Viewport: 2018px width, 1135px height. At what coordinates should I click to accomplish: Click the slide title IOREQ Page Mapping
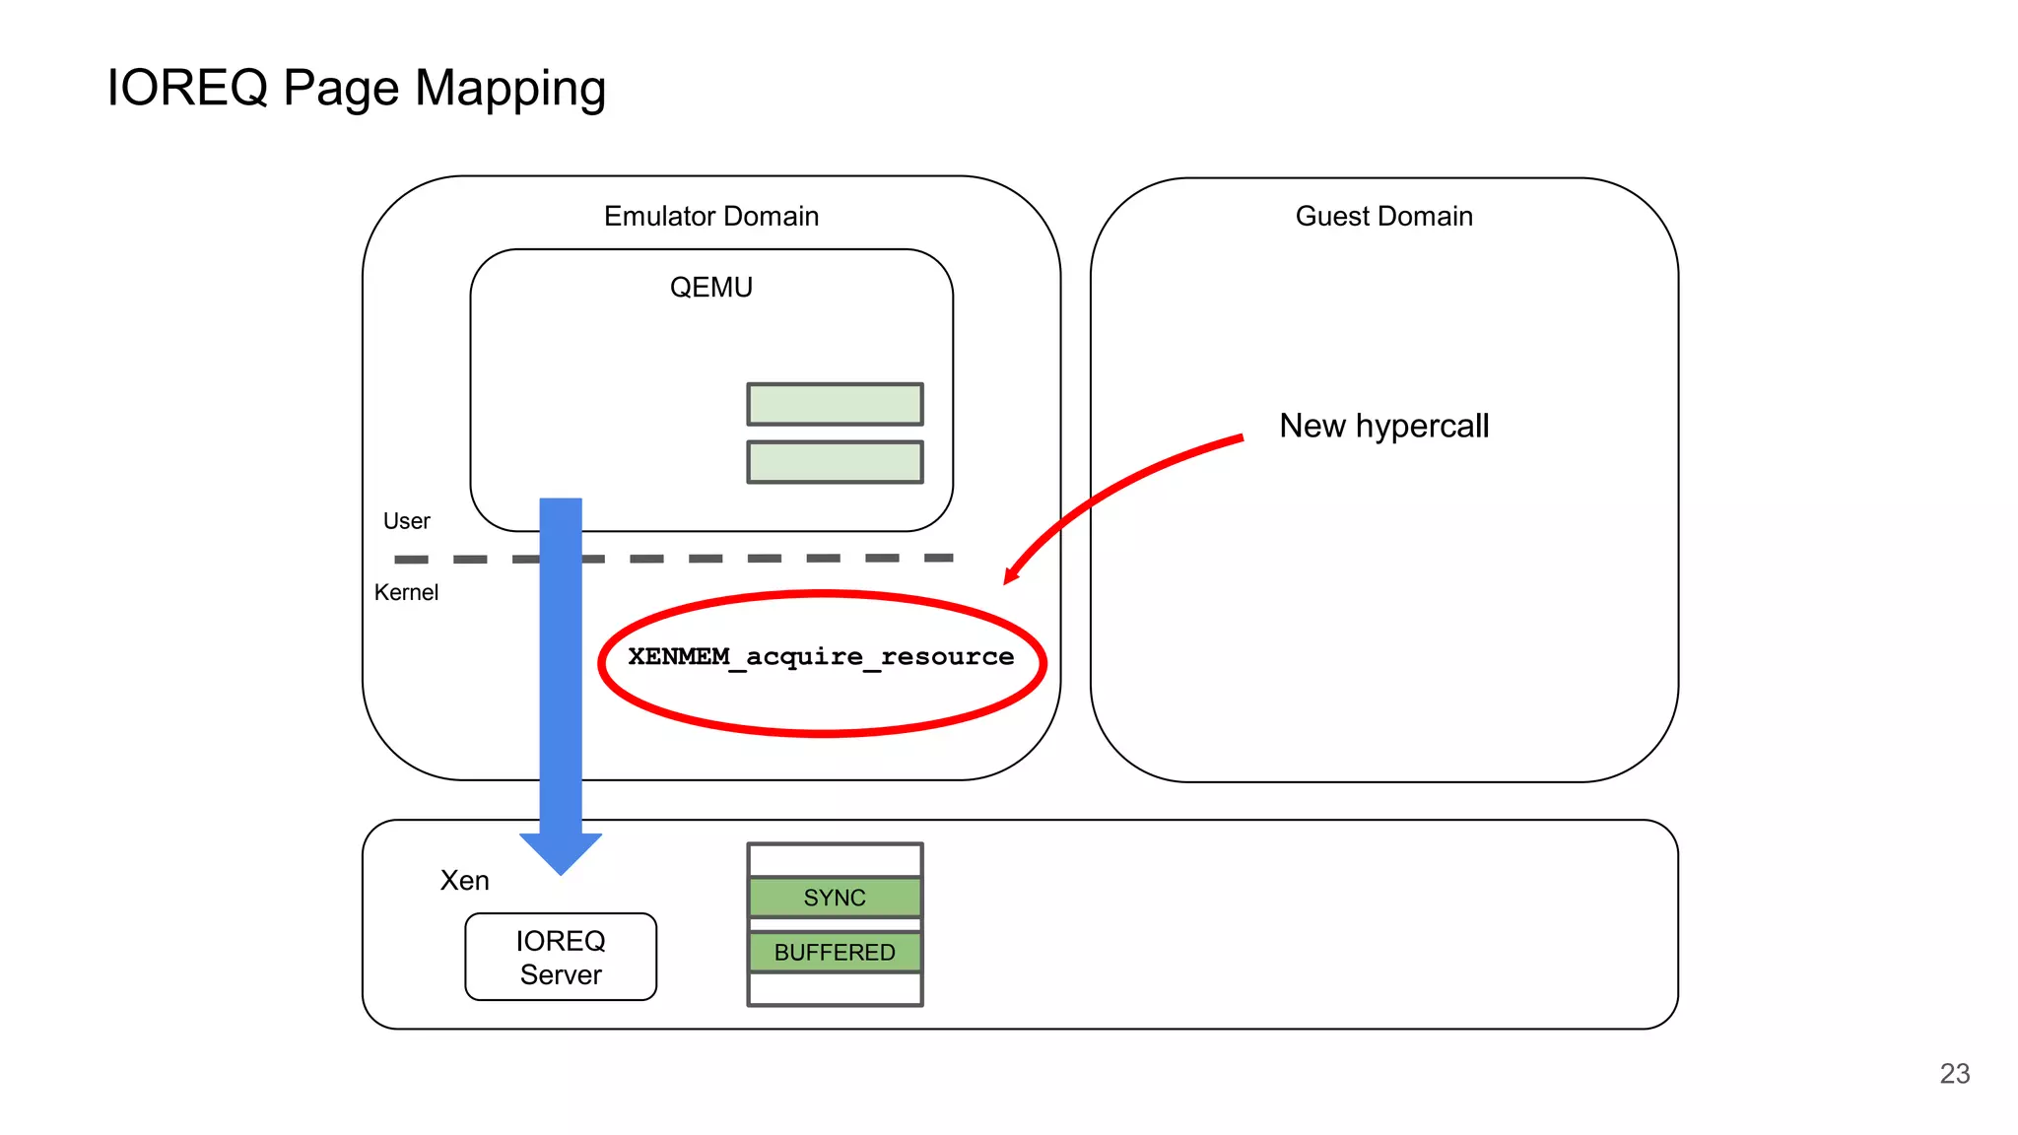point(356,89)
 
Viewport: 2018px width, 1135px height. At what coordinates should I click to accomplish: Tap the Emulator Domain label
point(710,216)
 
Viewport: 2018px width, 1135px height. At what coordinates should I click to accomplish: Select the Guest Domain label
point(1382,216)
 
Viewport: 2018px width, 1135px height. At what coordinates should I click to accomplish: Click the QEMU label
point(710,287)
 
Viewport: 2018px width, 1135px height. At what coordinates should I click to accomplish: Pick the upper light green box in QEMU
point(835,404)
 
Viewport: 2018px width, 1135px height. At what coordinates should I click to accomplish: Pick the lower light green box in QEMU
point(835,462)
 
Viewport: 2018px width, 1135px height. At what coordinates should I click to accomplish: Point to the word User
point(406,521)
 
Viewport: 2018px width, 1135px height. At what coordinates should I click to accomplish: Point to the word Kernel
point(406,592)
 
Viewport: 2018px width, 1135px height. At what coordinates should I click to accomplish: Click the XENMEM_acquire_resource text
point(821,657)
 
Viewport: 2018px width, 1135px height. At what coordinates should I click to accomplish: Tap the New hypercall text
point(1383,426)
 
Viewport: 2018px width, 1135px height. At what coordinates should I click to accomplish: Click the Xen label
point(464,880)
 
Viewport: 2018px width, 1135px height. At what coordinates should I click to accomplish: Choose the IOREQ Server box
point(561,957)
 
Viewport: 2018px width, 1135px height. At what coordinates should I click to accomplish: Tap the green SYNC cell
point(835,898)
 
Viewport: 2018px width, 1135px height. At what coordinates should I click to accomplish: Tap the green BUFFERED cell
point(835,952)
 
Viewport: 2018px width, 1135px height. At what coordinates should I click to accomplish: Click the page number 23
point(1954,1073)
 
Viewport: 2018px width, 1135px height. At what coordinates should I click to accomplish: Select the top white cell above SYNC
point(835,860)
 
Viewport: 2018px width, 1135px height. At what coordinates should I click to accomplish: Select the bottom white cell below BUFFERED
point(835,988)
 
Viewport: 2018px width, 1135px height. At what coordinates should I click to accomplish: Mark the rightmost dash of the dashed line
point(938,558)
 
